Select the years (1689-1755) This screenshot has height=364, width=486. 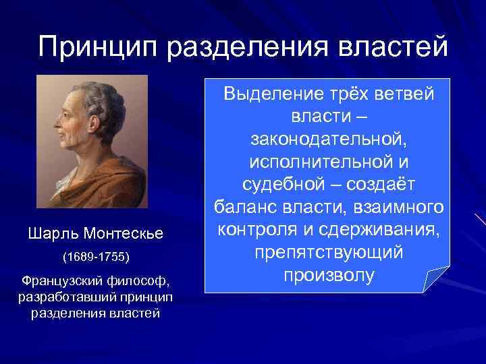pos(95,257)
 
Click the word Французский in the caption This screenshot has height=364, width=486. pos(60,280)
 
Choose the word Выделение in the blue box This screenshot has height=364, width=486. pos(267,96)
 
